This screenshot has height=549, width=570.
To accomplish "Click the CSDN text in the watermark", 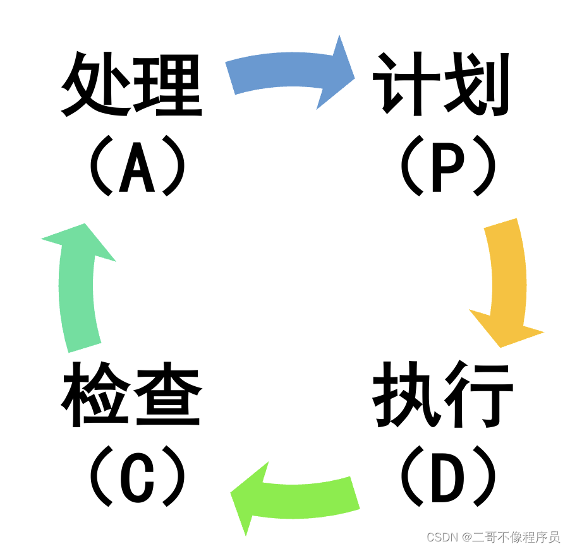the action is point(442,537).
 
